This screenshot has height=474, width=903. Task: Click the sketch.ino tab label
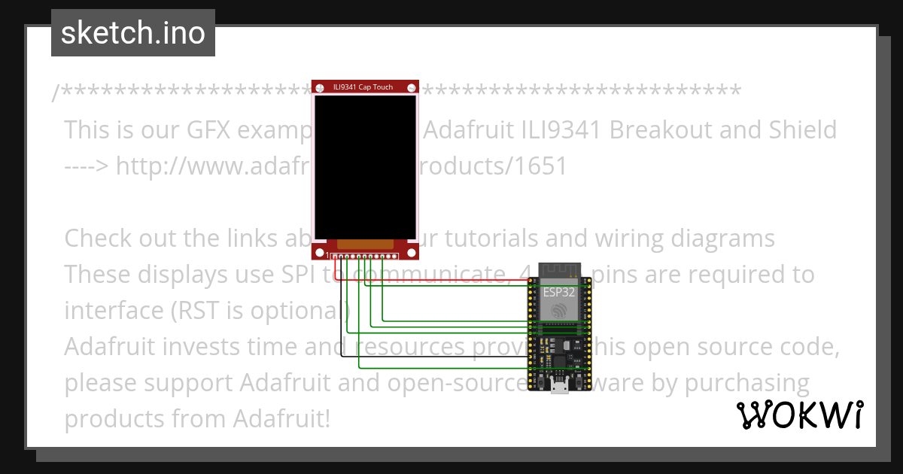pyautogui.click(x=132, y=33)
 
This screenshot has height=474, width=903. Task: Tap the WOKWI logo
pyautogui.click(x=799, y=415)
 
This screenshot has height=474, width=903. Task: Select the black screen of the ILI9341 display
pyautogui.click(x=365, y=166)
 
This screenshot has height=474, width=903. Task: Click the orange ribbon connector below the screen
pyautogui.click(x=365, y=244)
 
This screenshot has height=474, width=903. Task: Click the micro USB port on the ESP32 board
pyautogui.click(x=558, y=387)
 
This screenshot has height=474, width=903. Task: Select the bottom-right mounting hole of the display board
pyautogui.click(x=411, y=252)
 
